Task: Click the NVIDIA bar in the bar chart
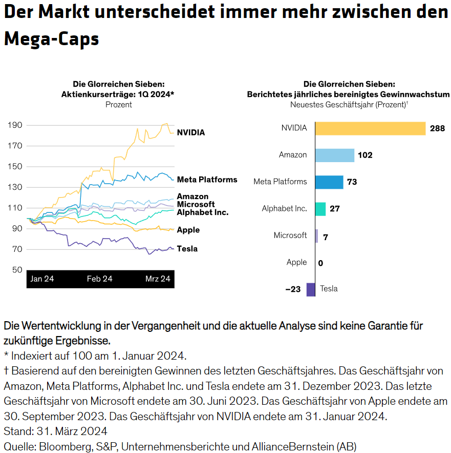(x=370, y=128)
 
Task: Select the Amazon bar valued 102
(x=334, y=155)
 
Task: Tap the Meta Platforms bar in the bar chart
(x=329, y=182)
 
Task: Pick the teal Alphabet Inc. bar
(x=320, y=209)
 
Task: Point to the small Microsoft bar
(x=316, y=235)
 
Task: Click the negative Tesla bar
(x=311, y=289)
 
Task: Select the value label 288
(x=437, y=128)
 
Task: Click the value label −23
(x=293, y=289)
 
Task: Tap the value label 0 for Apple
(x=320, y=263)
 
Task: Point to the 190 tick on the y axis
(x=15, y=125)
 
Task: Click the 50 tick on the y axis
(x=17, y=270)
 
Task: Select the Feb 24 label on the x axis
(x=100, y=279)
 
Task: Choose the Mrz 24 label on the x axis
(x=158, y=279)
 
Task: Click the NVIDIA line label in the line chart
(x=190, y=132)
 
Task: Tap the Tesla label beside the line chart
(x=187, y=249)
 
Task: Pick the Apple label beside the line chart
(x=188, y=230)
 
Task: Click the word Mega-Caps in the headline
(x=51, y=38)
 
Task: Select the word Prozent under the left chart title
(x=119, y=105)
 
